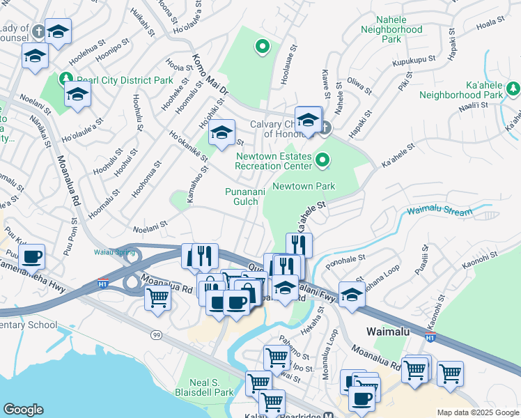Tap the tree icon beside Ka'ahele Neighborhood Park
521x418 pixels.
click(513, 88)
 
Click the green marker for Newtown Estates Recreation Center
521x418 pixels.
click(322, 161)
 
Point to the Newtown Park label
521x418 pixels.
click(304, 186)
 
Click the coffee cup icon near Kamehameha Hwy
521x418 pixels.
click(32, 256)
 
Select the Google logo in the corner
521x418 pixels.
click(23, 410)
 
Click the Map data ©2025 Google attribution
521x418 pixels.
click(477, 412)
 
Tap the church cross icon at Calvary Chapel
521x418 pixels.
click(326, 127)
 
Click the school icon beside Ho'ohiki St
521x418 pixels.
click(221, 133)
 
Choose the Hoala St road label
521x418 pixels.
click(489, 24)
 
